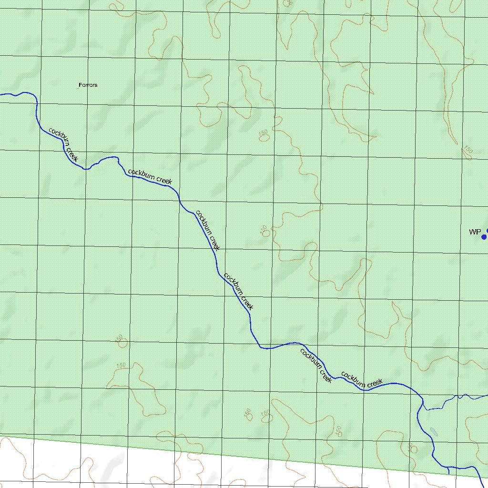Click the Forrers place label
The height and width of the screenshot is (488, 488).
click(88, 85)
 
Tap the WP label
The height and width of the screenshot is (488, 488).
click(475, 232)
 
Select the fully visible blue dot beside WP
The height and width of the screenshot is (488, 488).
click(484, 237)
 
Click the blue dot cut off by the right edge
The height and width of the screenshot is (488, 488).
click(487, 231)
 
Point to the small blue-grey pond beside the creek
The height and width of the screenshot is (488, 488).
click(433, 432)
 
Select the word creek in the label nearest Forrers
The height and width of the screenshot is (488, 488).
click(71, 154)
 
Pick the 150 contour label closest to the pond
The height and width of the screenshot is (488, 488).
click(411, 447)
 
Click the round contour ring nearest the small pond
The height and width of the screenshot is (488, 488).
click(413, 449)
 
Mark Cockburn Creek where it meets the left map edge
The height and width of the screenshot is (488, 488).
click(1, 94)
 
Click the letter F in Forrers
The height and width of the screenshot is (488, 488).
click(80, 85)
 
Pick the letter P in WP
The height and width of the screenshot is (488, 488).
click(478, 232)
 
